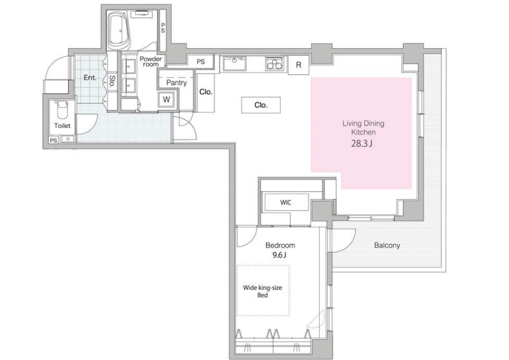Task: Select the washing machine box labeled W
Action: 167,99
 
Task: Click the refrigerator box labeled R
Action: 299,65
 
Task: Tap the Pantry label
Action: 177,83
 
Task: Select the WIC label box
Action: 286,203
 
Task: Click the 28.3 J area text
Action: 362,144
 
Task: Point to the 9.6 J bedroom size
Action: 279,255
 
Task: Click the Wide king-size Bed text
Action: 263,291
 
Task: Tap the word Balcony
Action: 387,245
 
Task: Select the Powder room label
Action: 151,62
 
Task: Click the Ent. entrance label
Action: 90,78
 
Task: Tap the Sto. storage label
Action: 112,81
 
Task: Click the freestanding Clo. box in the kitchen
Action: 261,105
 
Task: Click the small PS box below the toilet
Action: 54,140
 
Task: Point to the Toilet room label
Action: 62,126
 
